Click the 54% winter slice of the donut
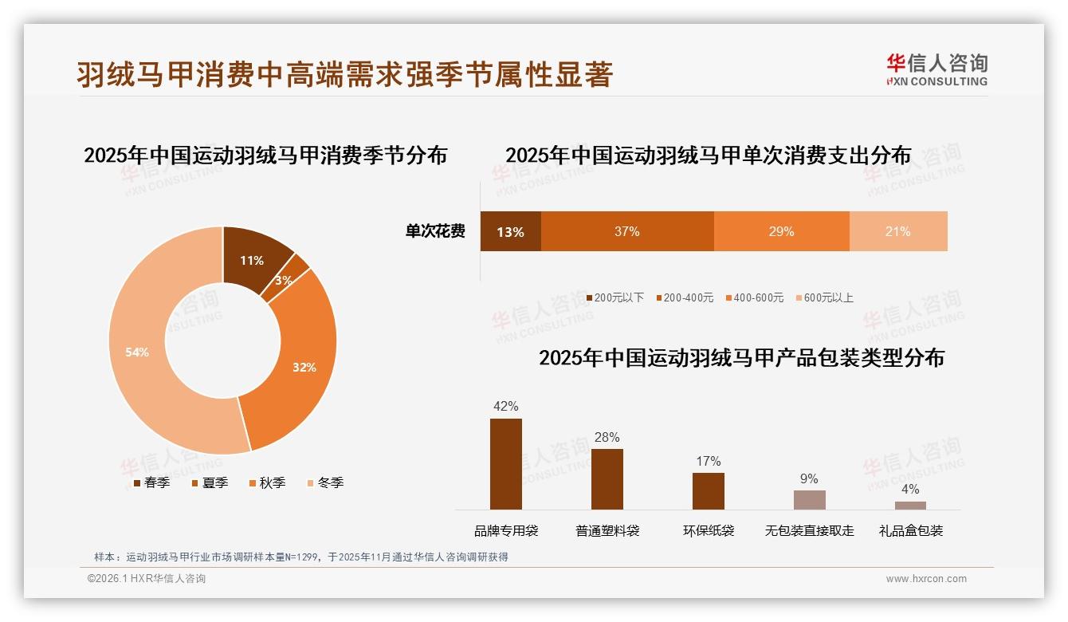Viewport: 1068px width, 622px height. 139,351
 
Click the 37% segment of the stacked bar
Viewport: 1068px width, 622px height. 627,231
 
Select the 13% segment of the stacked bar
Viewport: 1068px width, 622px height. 510,231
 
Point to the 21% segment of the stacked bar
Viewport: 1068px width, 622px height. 898,231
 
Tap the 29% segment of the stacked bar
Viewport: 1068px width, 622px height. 781,231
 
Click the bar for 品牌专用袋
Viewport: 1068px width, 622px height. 506,464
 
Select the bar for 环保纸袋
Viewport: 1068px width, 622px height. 709,490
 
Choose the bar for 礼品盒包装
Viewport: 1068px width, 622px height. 910,505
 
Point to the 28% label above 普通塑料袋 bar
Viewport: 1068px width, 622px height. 607,437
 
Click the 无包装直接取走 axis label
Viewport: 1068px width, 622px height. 809,530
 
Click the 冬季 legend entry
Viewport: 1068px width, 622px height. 325,482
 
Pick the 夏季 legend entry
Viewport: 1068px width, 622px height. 210,482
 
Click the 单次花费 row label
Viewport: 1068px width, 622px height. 435,231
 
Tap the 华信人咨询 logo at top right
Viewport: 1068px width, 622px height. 936,69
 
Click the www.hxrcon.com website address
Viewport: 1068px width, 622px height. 926,579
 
